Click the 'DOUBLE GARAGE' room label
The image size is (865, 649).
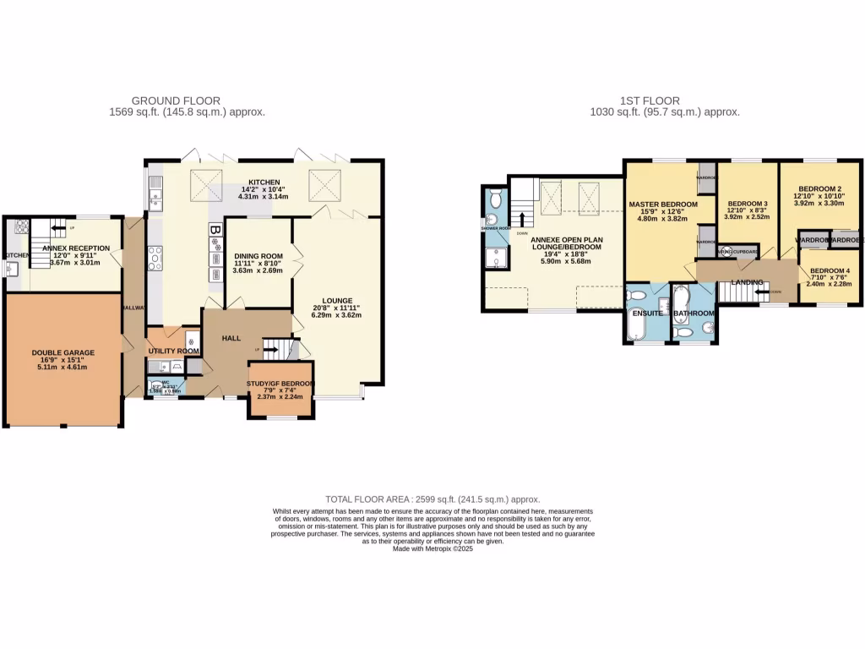point(63,352)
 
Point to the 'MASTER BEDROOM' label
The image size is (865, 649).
point(663,205)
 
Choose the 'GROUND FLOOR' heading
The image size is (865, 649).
point(188,101)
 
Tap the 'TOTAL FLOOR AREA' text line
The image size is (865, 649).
point(432,499)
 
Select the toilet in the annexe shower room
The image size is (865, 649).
point(494,199)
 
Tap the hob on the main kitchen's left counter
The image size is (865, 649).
point(155,257)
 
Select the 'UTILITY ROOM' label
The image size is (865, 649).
point(173,351)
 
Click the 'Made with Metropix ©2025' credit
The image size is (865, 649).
point(432,548)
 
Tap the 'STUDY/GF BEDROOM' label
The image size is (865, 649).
point(280,384)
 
